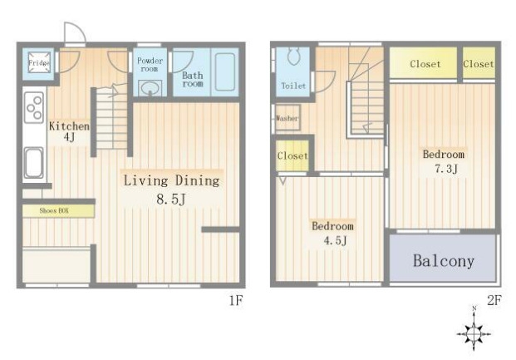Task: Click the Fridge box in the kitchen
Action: [39, 62]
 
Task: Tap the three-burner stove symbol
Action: [34, 107]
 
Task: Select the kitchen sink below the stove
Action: [33, 163]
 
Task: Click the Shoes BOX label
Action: [54, 210]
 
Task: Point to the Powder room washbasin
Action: [150, 88]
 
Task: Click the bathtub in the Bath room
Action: [225, 72]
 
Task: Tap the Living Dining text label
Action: [171, 180]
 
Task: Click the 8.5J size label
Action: [171, 199]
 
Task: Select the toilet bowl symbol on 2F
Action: [294, 57]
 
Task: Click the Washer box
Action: [287, 117]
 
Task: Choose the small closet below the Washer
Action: [292, 155]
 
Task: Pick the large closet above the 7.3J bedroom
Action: [424, 63]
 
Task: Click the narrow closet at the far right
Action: [479, 63]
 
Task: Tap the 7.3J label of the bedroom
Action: [446, 169]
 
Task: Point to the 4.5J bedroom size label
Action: [335, 240]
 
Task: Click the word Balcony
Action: [444, 261]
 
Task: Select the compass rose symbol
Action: [474, 333]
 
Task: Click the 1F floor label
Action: [236, 300]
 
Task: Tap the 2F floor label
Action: [494, 300]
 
